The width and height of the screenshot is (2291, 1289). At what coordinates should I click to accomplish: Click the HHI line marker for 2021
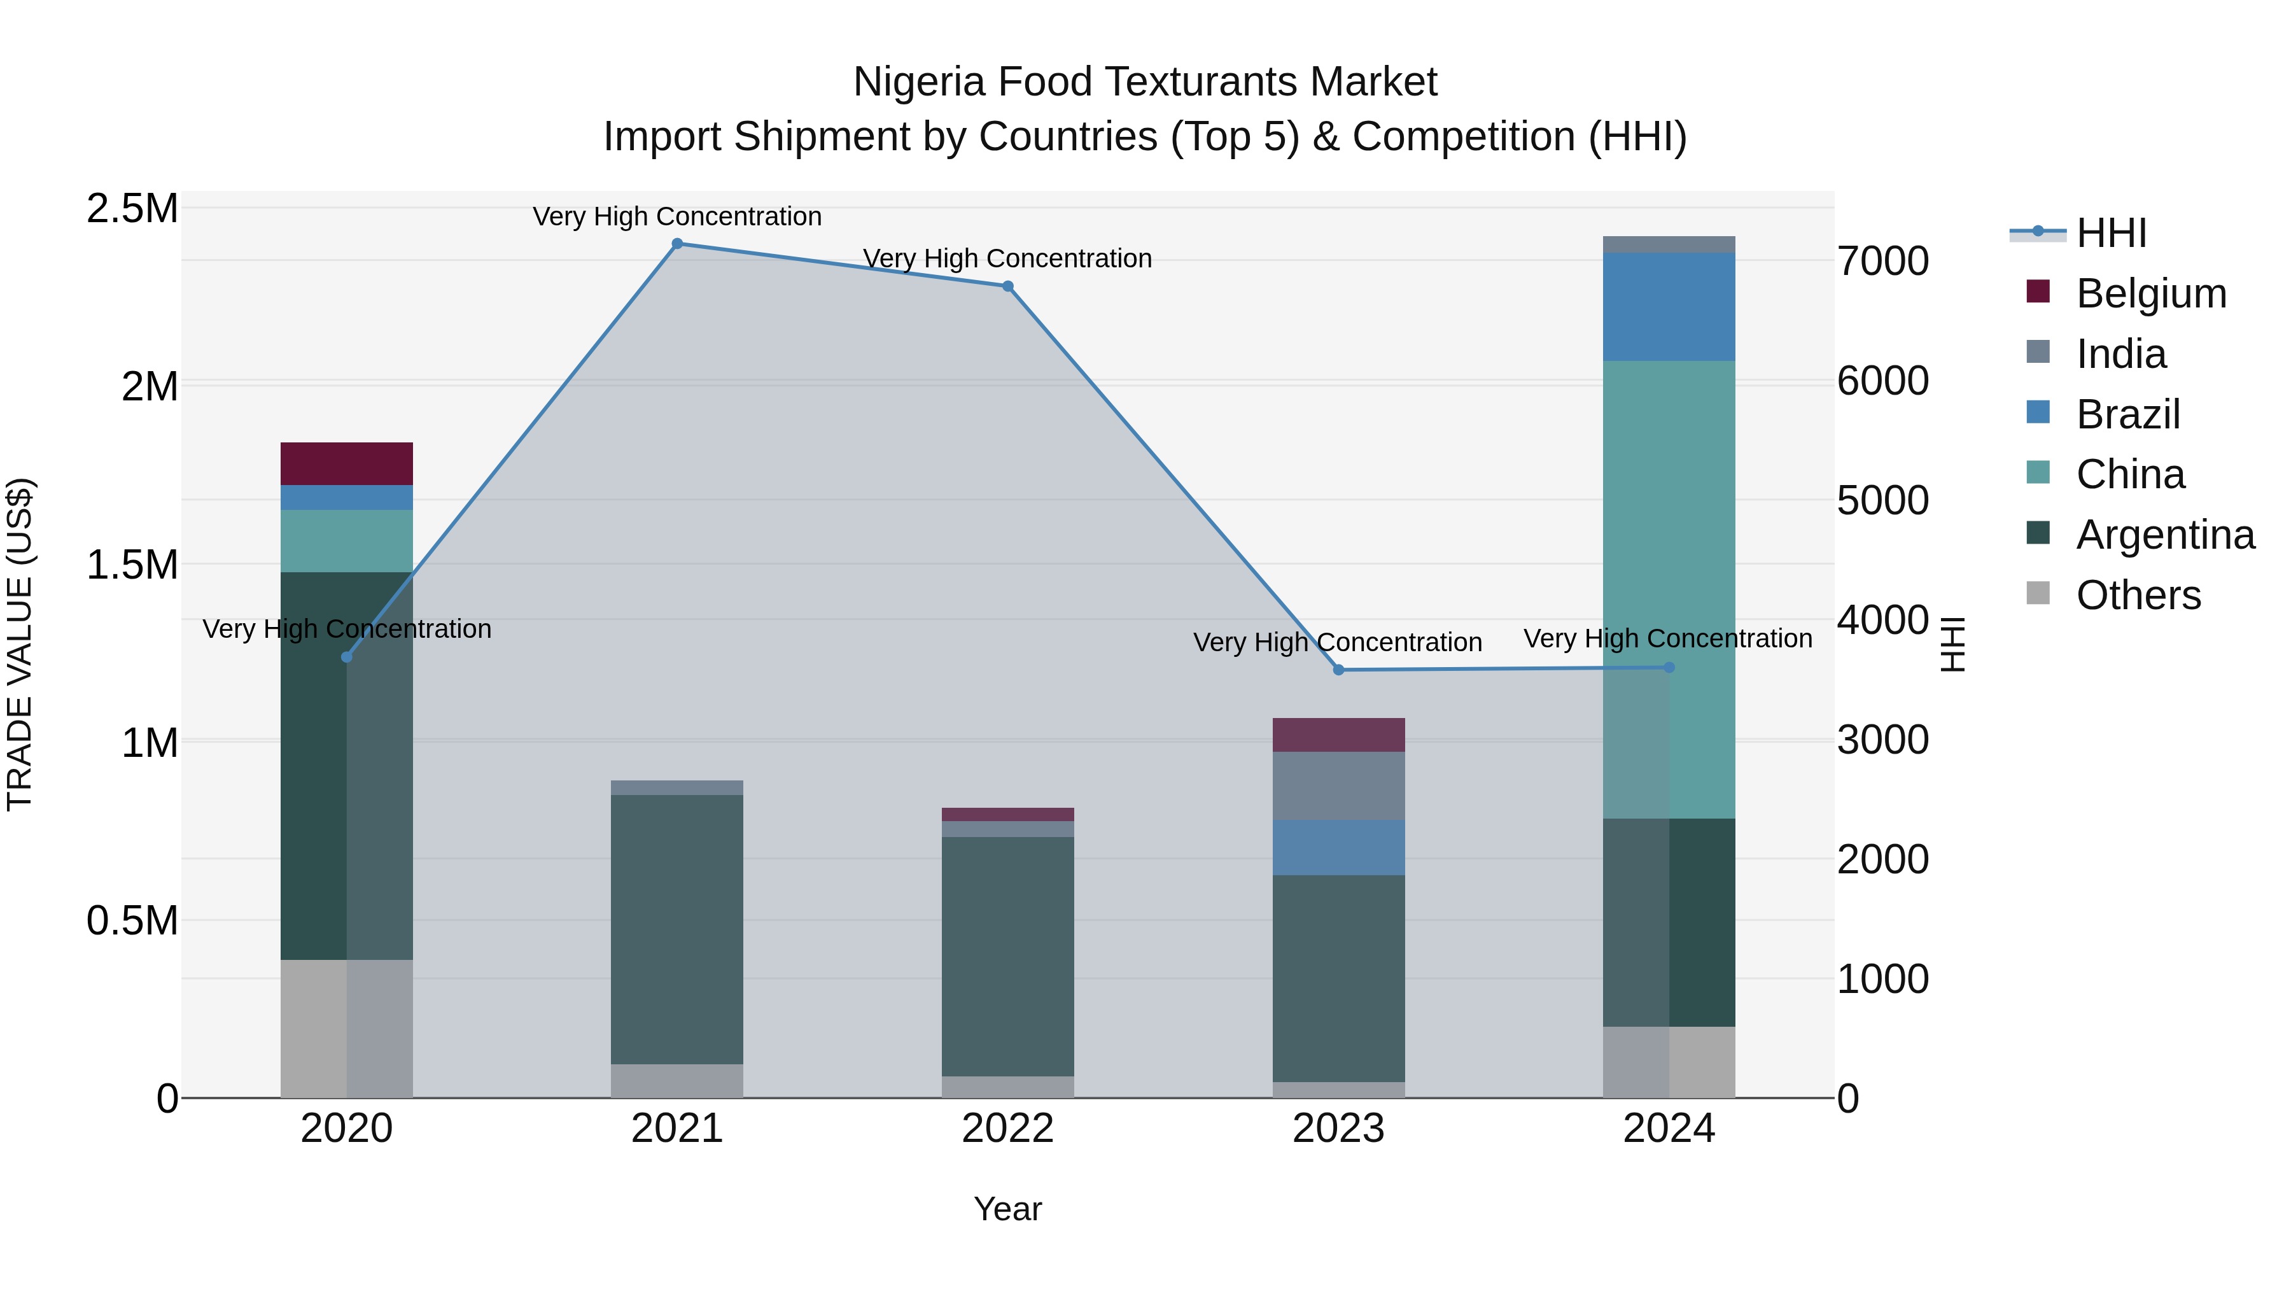tap(677, 244)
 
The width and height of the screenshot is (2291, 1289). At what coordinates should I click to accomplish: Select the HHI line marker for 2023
tap(1338, 670)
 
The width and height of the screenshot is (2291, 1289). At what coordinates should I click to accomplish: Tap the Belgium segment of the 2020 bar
tap(347, 463)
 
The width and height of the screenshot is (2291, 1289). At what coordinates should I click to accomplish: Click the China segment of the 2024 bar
tap(1669, 534)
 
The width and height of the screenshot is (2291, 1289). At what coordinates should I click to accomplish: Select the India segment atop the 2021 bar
tap(677, 788)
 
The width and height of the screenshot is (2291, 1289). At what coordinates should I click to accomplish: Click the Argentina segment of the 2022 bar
tap(1007, 956)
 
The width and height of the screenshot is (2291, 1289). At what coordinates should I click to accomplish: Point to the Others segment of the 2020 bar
tap(347, 1029)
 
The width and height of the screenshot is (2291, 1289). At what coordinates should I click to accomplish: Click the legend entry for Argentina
tap(2165, 535)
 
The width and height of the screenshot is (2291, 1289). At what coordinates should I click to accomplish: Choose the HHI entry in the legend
tap(2110, 233)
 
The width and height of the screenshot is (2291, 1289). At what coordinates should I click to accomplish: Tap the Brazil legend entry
tap(2127, 414)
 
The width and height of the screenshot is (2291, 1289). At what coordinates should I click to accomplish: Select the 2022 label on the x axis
tap(1007, 1129)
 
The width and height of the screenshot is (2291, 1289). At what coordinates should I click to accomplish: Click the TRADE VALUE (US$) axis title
tap(20, 644)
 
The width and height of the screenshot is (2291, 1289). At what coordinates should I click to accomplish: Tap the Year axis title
tap(1007, 1209)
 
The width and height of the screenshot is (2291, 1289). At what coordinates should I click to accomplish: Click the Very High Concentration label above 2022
tap(1007, 259)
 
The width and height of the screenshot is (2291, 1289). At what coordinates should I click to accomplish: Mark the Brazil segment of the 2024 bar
tap(1669, 307)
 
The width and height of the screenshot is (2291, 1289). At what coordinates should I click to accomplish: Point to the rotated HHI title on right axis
tap(1952, 644)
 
